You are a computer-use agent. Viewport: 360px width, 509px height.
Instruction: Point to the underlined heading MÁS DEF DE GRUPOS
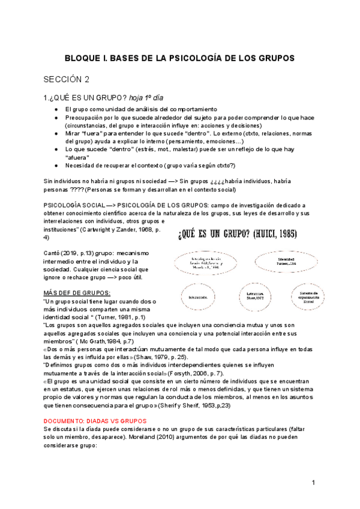pos(77,292)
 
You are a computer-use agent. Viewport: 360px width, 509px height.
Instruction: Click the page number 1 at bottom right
pos(314,483)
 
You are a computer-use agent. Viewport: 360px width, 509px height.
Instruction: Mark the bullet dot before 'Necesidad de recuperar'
pos(55,165)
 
